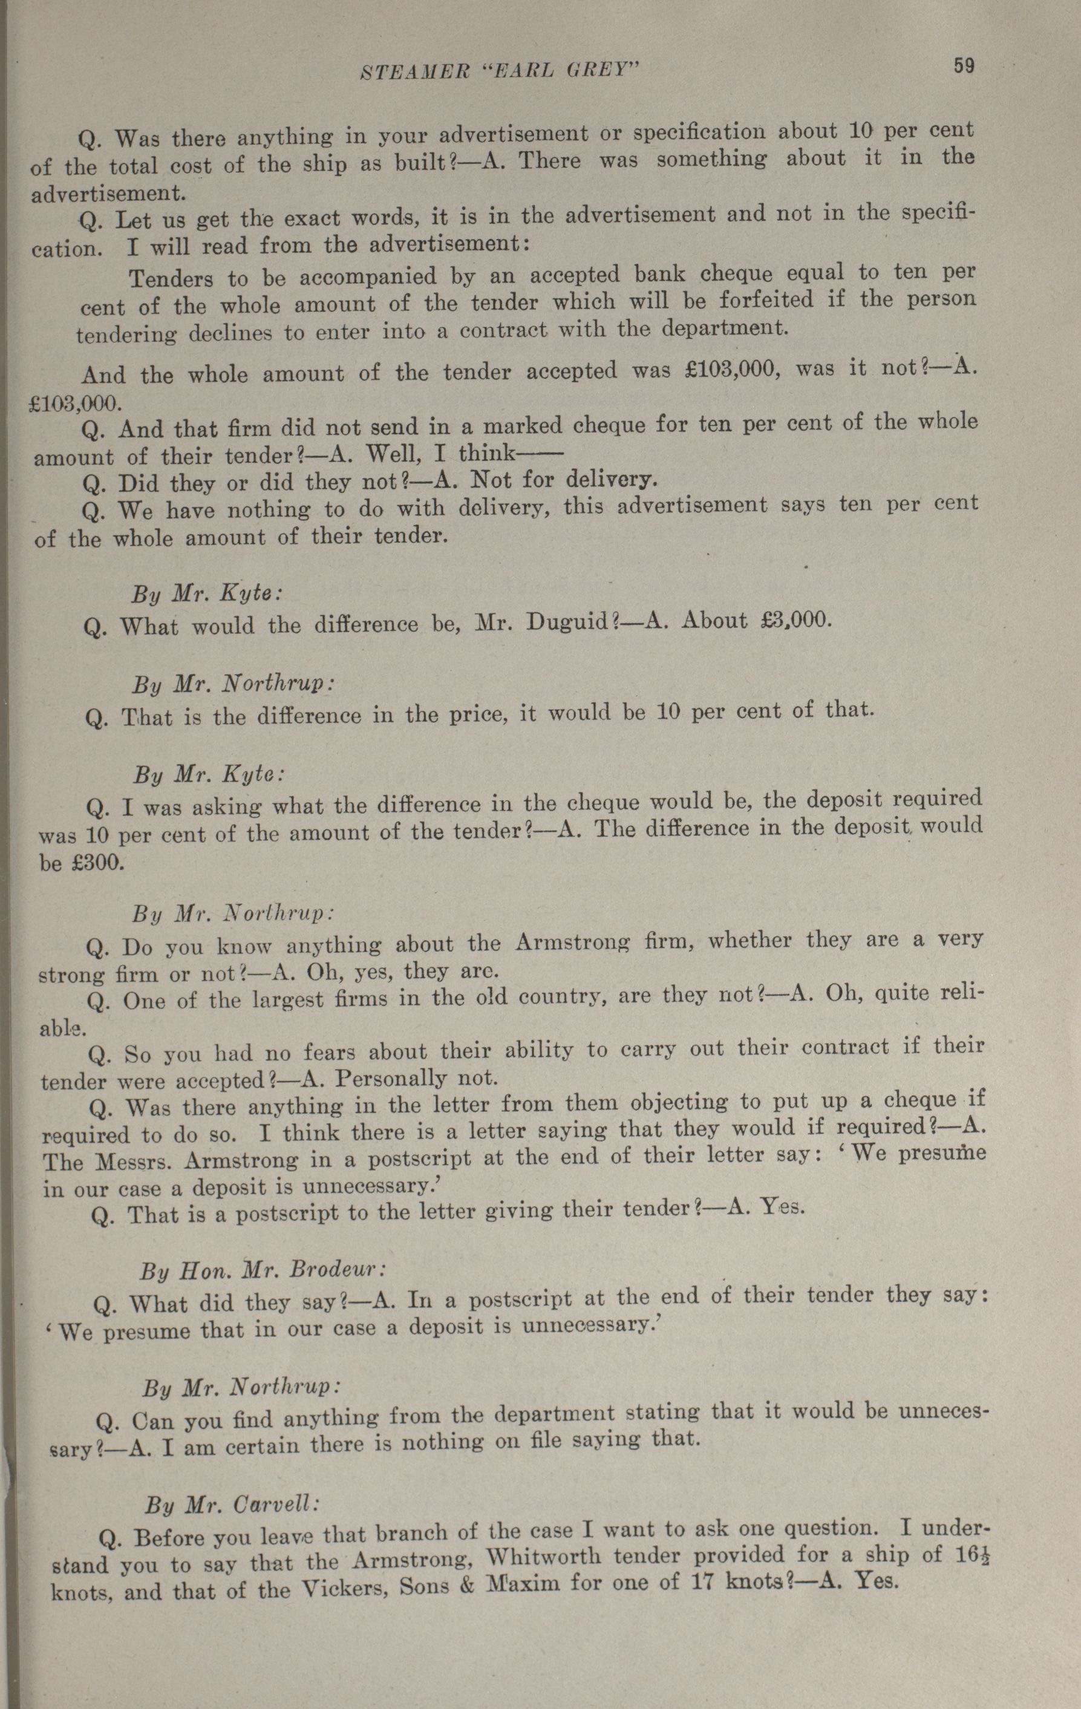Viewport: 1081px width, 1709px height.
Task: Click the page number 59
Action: point(964,66)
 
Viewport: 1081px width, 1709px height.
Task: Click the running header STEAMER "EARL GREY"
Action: point(501,70)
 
